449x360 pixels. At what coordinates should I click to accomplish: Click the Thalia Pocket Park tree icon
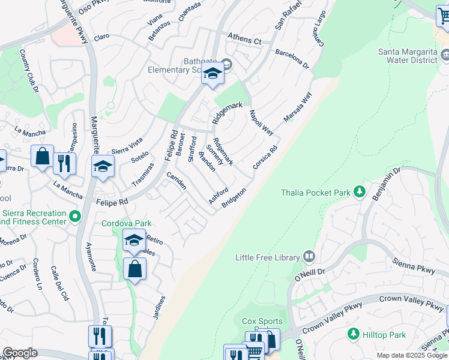click(x=360, y=192)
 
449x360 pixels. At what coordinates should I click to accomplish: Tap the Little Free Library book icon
click(x=309, y=257)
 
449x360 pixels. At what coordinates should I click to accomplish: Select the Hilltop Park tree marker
click(x=354, y=333)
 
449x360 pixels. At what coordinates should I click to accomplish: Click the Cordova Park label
click(x=126, y=223)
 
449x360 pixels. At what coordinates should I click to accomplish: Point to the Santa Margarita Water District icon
click(x=445, y=56)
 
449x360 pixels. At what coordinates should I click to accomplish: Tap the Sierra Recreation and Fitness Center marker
click(x=75, y=216)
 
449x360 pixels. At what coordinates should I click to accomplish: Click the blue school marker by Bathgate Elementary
click(x=212, y=75)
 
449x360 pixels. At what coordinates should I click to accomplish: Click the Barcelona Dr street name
click(x=292, y=59)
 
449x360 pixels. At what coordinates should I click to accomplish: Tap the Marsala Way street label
click(x=298, y=107)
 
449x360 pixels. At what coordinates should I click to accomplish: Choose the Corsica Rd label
click(x=265, y=157)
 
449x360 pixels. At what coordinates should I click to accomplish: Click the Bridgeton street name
click(x=234, y=198)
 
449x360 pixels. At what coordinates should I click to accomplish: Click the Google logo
click(x=20, y=353)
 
